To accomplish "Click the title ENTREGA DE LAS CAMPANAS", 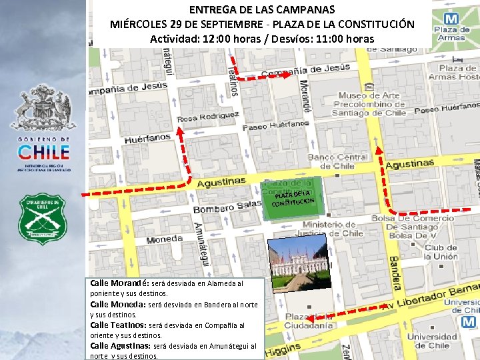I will [262, 10].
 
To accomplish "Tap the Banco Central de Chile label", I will [338, 161].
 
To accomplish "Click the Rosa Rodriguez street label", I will [208, 117].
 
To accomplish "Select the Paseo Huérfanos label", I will [276, 125].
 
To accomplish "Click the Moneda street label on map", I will [164, 238].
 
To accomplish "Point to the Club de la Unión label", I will [441, 252].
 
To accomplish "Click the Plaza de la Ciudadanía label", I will [309, 321].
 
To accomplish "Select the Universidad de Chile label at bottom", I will [432, 341].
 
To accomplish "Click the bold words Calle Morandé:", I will [120, 283].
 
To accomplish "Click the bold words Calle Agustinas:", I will [121, 346].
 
